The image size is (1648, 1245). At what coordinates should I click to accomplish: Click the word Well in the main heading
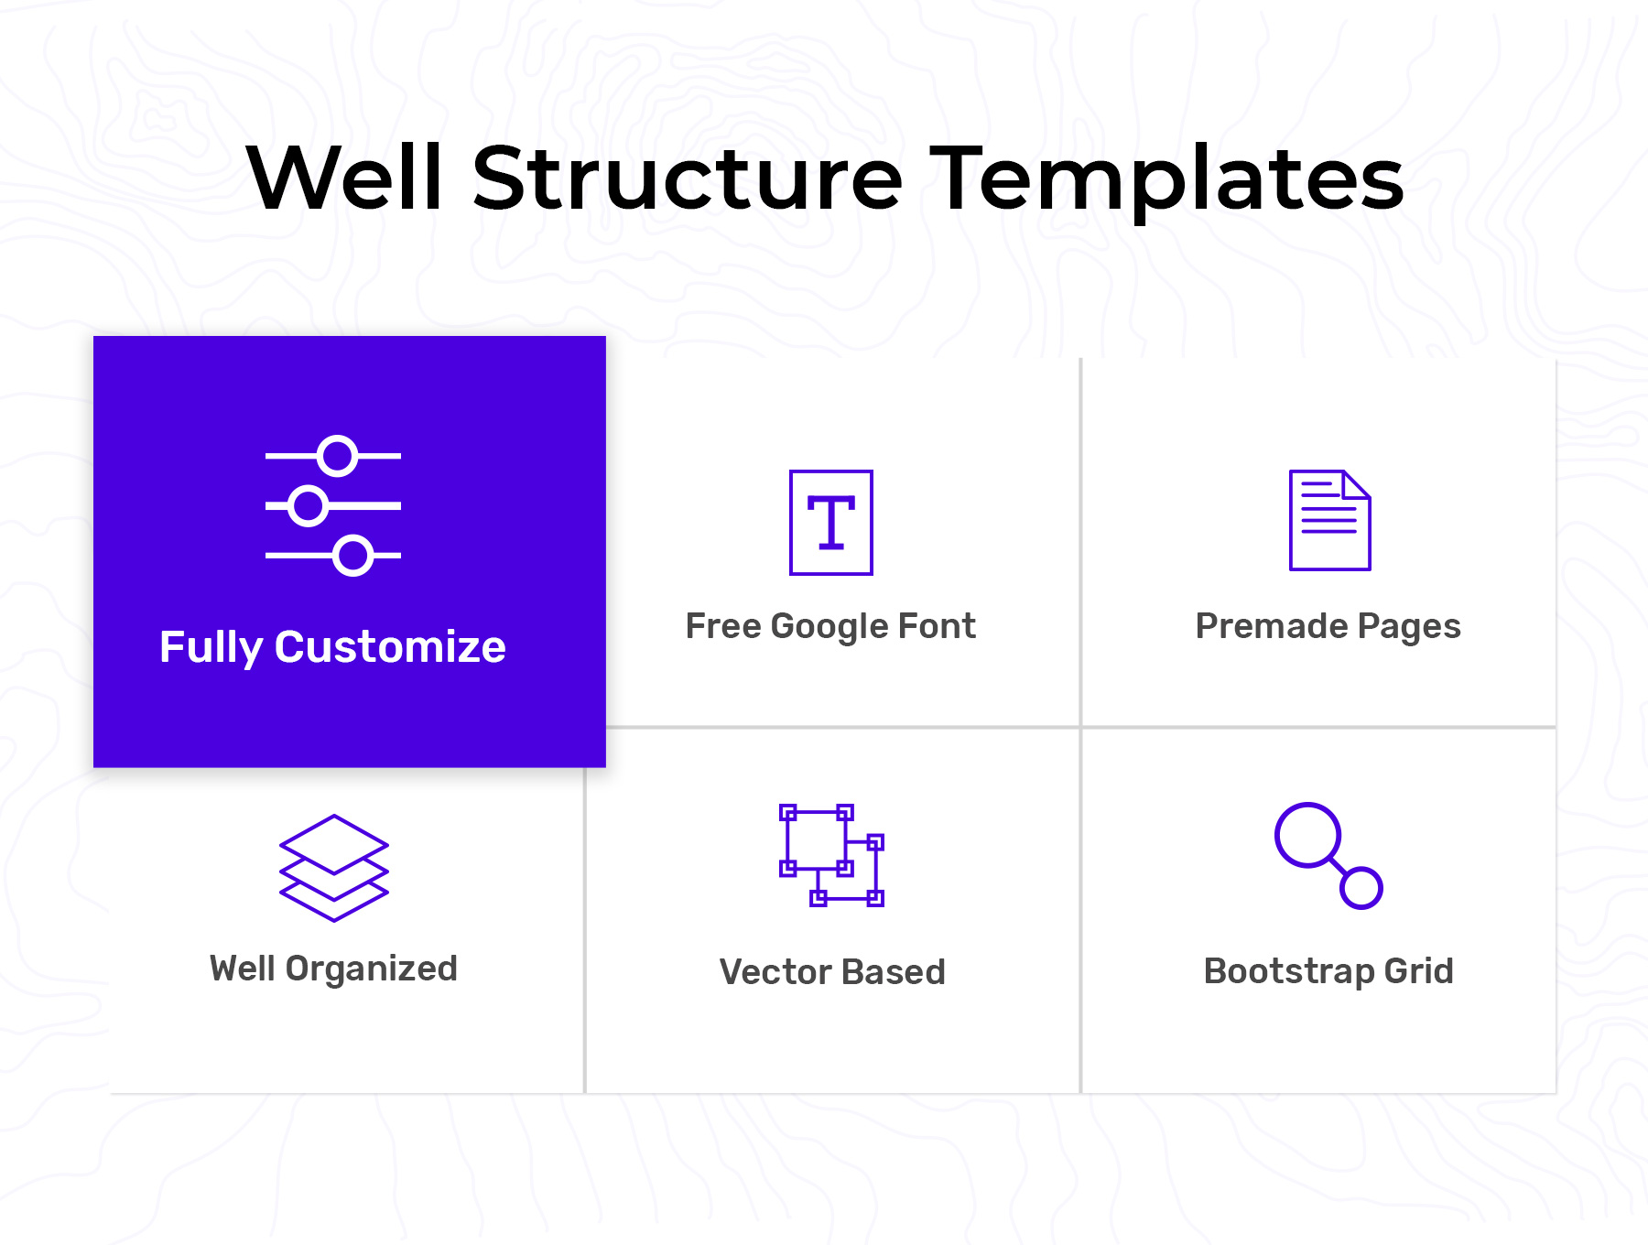(x=345, y=178)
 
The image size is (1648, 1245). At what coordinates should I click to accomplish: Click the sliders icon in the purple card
(x=333, y=505)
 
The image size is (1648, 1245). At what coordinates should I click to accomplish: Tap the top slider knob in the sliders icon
(x=338, y=455)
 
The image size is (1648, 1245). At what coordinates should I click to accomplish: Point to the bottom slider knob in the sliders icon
(x=352, y=556)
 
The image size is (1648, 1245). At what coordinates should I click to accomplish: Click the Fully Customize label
(x=332, y=647)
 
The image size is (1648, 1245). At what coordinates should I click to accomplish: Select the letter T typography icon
(x=831, y=523)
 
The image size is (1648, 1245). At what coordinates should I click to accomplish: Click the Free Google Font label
(x=830, y=627)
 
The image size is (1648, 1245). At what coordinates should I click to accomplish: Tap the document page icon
(x=1329, y=520)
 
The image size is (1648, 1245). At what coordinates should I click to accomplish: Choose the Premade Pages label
(x=1328, y=627)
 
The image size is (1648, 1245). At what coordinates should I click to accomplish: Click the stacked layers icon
(x=334, y=868)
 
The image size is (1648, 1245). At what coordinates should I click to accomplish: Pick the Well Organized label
(x=333, y=969)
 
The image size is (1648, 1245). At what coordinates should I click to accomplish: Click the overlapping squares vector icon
(x=831, y=855)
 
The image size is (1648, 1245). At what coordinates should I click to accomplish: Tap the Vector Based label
(x=832, y=972)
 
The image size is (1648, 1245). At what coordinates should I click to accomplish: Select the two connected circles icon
(x=1328, y=856)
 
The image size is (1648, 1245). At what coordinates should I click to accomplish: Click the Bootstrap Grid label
(x=1328, y=972)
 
